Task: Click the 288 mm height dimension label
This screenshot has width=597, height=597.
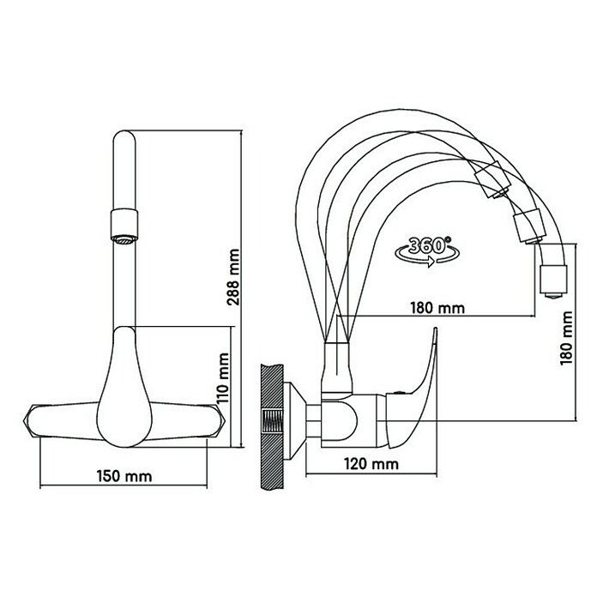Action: (x=233, y=277)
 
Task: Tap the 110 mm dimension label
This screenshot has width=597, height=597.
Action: (x=222, y=378)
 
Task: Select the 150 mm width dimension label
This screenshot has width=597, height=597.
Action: (x=124, y=476)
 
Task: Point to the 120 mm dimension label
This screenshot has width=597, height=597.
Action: (x=371, y=464)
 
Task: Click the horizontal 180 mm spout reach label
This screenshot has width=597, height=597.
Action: (x=437, y=308)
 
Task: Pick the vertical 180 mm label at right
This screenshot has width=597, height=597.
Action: (x=566, y=338)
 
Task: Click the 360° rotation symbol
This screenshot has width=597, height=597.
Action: (x=427, y=251)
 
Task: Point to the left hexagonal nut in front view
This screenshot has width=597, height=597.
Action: (x=31, y=420)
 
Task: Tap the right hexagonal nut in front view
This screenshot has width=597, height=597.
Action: (x=218, y=420)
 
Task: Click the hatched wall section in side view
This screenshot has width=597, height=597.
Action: (x=272, y=426)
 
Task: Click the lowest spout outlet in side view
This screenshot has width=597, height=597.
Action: (x=553, y=281)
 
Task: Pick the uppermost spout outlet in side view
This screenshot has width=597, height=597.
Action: (x=493, y=180)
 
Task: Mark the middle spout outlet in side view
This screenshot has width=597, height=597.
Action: (x=529, y=227)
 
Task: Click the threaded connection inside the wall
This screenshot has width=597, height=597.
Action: (x=272, y=421)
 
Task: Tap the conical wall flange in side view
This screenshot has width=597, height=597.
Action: (x=295, y=420)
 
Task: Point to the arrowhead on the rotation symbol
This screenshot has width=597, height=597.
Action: (x=431, y=262)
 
